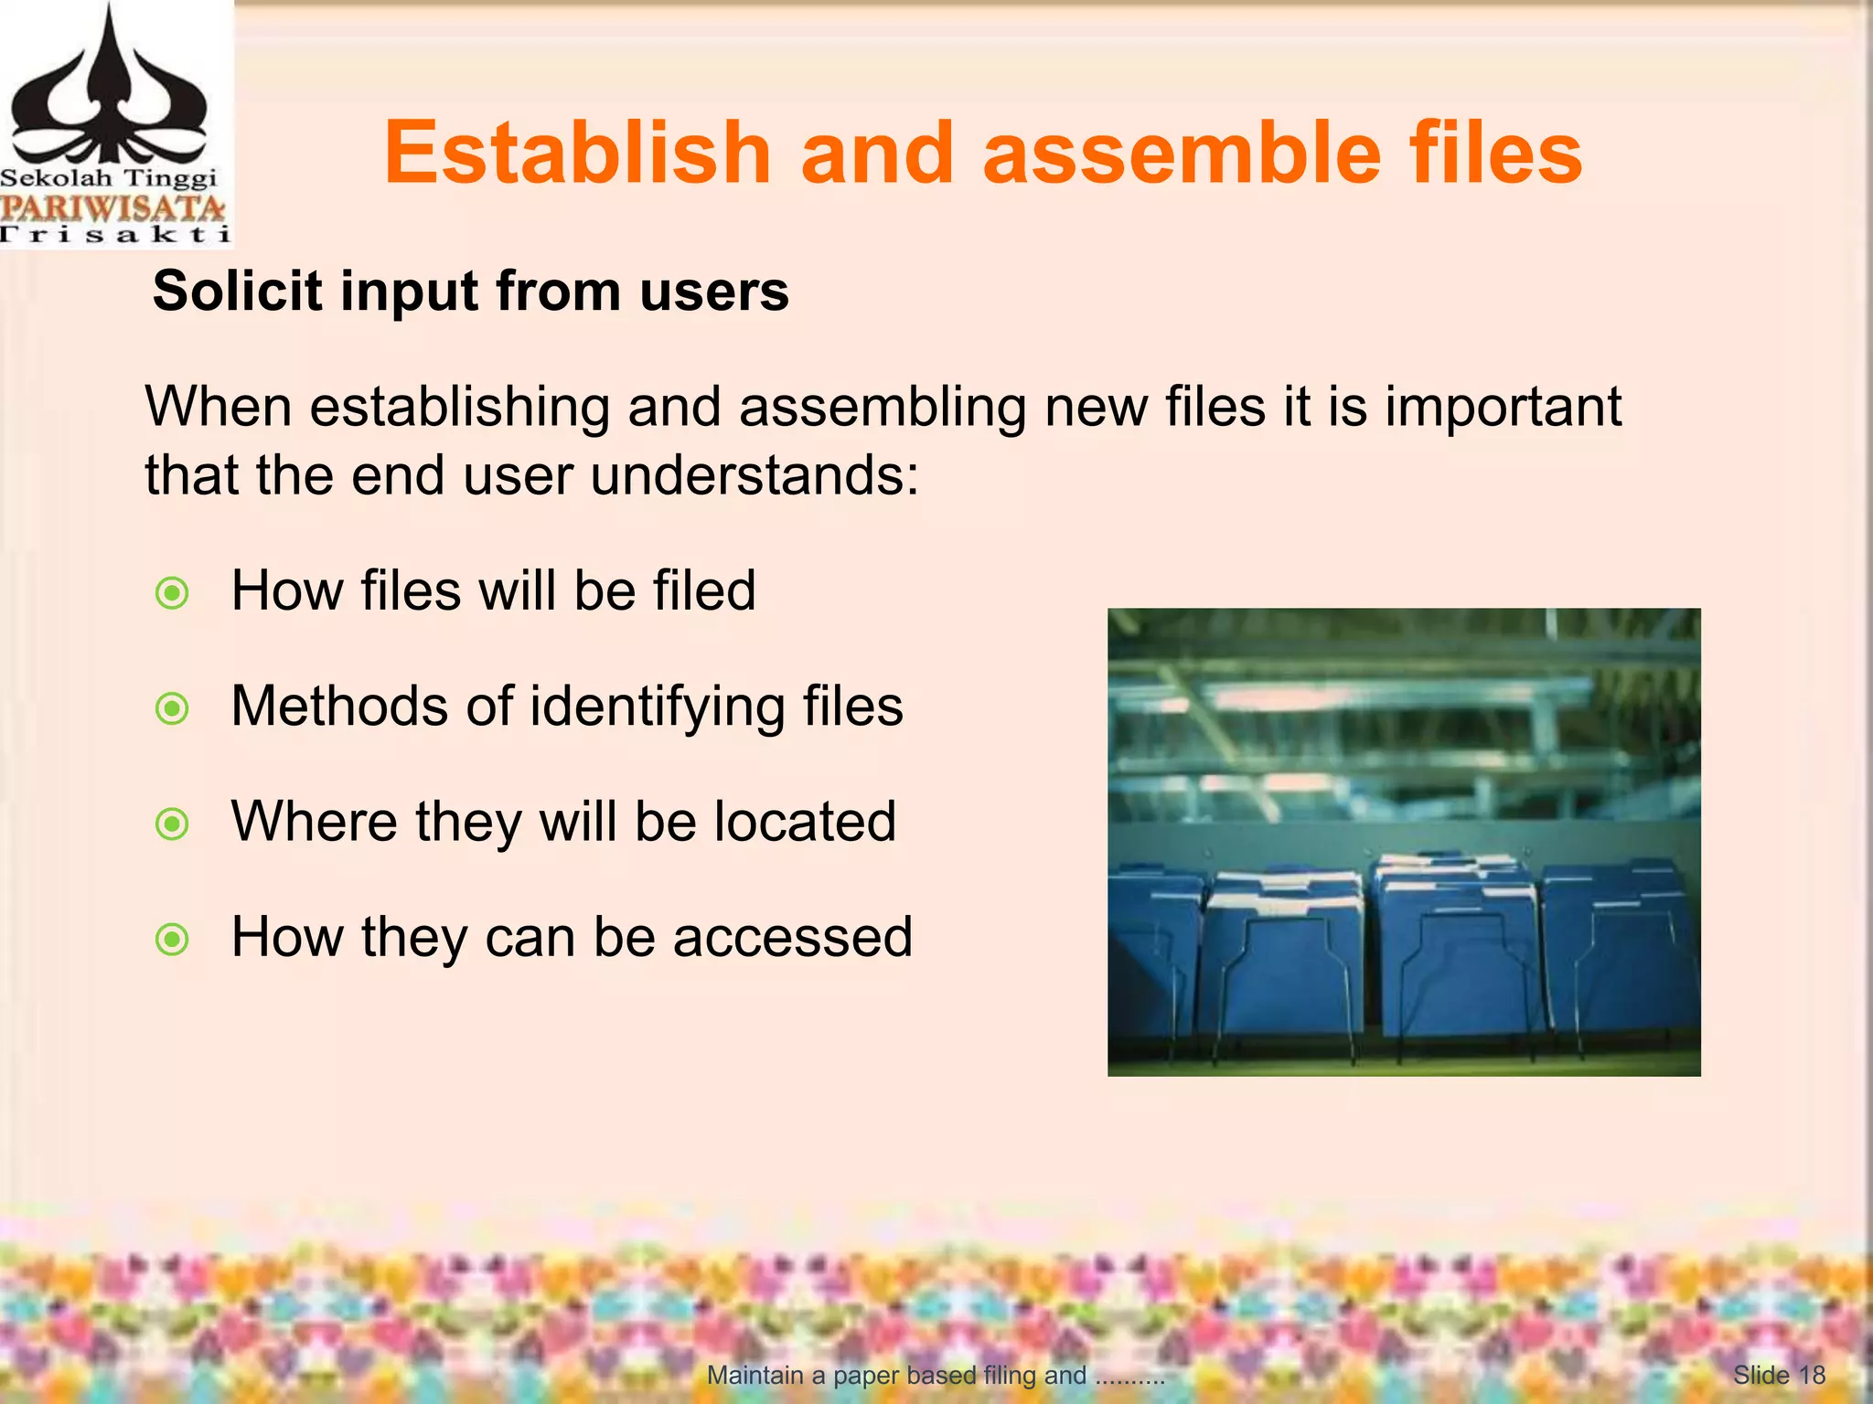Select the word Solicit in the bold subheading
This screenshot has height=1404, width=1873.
pyautogui.click(x=238, y=292)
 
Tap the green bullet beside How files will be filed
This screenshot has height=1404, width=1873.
pyautogui.click(x=172, y=593)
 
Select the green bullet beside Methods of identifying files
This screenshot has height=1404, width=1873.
pyautogui.click(x=172, y=708)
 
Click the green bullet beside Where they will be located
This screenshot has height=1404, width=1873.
pyautogui.click(x=172, y=824)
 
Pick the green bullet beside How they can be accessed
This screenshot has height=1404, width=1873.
pyautogui.click(x=172, y=940)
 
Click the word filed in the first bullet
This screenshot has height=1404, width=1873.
pyautogui.click(x=704, y=590)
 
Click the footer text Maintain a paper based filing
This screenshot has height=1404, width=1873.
pyautogui.click(x=896, y=1375)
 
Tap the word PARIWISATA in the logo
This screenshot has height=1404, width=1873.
pyautogui.click(x=112, y=207)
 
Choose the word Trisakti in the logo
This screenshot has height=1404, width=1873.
pyautogui.click(x=114, y=235)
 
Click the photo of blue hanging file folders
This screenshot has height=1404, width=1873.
pyautogui.click(x=1404, y=842)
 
